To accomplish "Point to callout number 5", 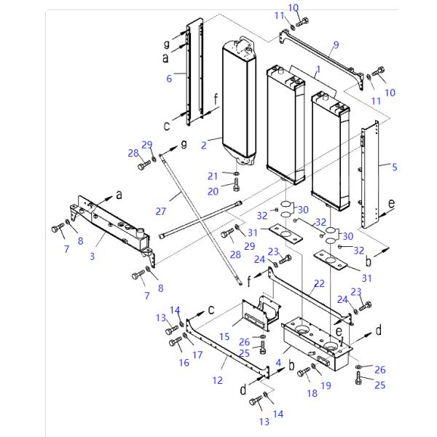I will click(x=394, y=167).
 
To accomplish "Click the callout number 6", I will click(x=168, y=79).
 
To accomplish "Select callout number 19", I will click(x=326, y=385).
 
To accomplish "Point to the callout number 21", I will click(x=212, y=176).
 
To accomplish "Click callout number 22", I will click(x=319, y=283).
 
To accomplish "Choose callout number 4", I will click(x=277, y=362).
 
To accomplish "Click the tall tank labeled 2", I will click(x=240, y=102).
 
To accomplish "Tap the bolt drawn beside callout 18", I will click(x=304, y=372).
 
